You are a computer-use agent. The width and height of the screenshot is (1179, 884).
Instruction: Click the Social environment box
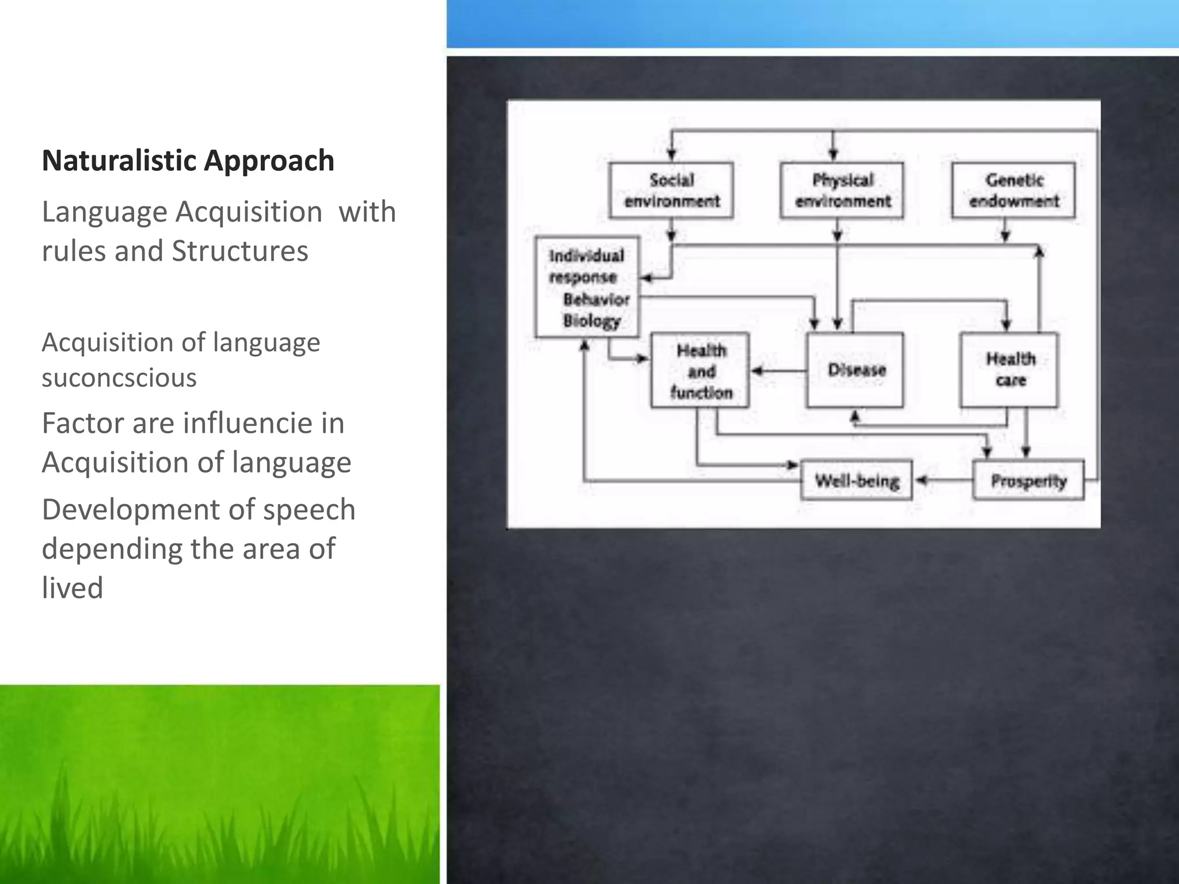[x=671, y=190]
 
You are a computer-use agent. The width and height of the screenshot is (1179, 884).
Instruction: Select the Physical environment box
[x=842, y=190]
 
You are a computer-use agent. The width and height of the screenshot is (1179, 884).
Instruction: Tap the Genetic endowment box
[x=1013, y=190]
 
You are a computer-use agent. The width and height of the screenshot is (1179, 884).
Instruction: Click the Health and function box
[x=700, y=371]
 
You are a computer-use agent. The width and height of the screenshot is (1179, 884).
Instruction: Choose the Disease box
[x=855, y=370]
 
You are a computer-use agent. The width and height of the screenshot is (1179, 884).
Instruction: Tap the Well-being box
[x=857, y=481]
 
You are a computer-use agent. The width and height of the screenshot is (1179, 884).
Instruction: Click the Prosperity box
[x=1028, y=481]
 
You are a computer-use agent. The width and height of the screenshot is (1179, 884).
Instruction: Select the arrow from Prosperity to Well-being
[x=943, y=480]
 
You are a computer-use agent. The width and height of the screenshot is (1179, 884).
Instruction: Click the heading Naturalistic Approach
[x=188, y=161]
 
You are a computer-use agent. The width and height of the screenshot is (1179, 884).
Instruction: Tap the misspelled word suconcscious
[x=119, y=378]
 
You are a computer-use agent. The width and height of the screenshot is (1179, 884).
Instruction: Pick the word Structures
[x=239, y=252]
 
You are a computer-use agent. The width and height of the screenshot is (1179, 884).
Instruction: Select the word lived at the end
[x=73, y=588]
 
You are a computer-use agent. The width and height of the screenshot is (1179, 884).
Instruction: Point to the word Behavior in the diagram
[x=596, y=299]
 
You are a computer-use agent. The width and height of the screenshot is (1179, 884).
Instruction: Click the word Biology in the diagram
[x=592, y=321]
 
